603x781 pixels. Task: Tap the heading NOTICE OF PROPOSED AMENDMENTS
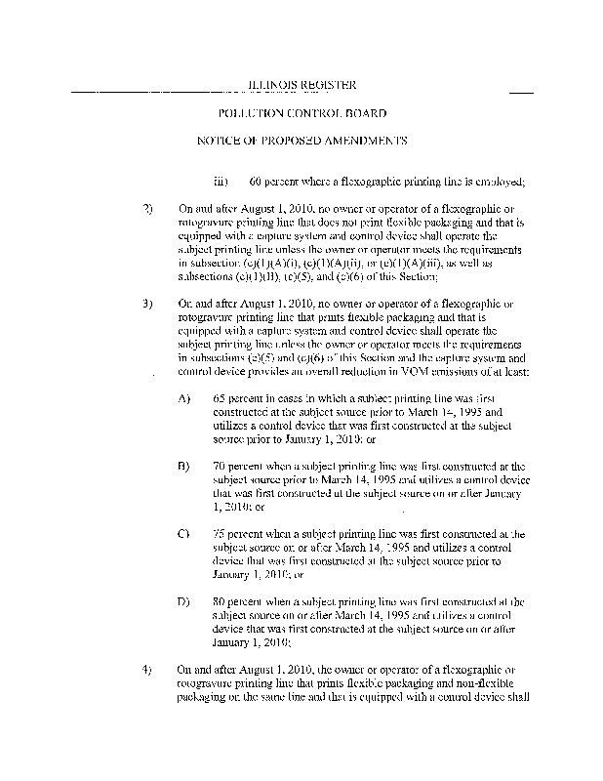click(x=301, y=141)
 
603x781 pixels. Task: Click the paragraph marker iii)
click(x=221, y=182)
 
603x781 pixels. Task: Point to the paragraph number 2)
click(x=147, y=209)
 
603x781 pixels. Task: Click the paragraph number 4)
click(x=147, y=670)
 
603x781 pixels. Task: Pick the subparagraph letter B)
click(x=184, y=467)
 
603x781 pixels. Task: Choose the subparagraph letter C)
click(x=184, y=534)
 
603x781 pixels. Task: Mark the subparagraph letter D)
click(x=184, y=601)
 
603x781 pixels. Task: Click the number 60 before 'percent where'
click(x=256, y=182)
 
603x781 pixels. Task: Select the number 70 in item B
click(x=218, y=467)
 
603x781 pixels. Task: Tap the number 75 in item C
click(x=218, y=534)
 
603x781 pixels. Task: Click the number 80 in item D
click(x=218, y=601)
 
